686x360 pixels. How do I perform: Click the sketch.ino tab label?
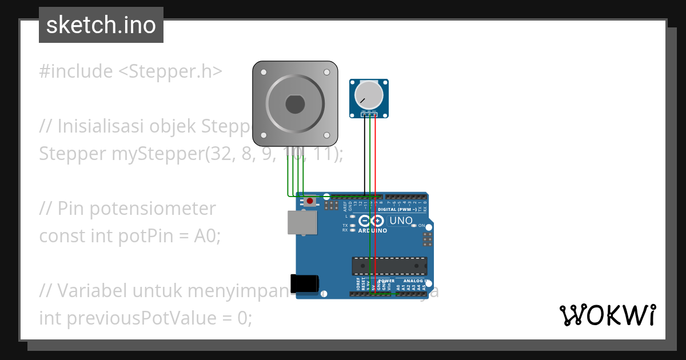101,25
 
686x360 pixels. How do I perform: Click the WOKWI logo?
607,315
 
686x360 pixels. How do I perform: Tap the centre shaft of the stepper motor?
295,104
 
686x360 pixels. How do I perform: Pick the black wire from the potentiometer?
365,154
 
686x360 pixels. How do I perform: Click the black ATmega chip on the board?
389,266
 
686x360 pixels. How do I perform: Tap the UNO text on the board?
401,221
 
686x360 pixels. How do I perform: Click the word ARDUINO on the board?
373,231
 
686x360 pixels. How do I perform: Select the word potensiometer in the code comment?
137,209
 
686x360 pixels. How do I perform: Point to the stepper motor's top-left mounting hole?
264,73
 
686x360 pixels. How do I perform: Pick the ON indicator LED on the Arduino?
413,226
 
